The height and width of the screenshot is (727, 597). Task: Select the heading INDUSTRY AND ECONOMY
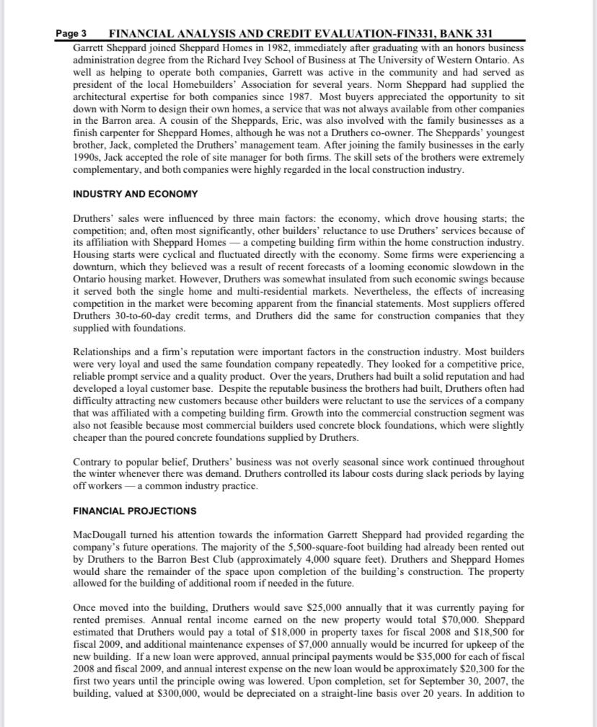[x=136, y=194]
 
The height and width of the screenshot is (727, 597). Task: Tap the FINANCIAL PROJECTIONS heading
[x=134, y=511]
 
